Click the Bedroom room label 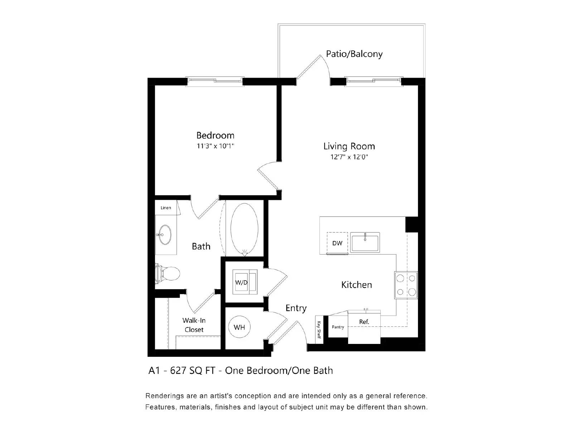coord(215,135)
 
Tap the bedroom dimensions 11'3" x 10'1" coord(215,146)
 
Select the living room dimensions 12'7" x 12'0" coord(349,157)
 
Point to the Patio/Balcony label coord(354,54)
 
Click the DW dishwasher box coord(337,243)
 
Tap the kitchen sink coord(365,242)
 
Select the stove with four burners coord(406,285)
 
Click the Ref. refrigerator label coord(364,322)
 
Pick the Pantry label coord(338,327)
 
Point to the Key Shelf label coord(319,330)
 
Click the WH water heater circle coord(239,327)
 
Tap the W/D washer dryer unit coord(245,282)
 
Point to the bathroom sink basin coord(165,235)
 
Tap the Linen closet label coord(166,208)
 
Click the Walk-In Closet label coord(194,325)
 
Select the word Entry coord(296,308)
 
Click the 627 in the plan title coord(178,371)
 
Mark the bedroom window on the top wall coord(215,80)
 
